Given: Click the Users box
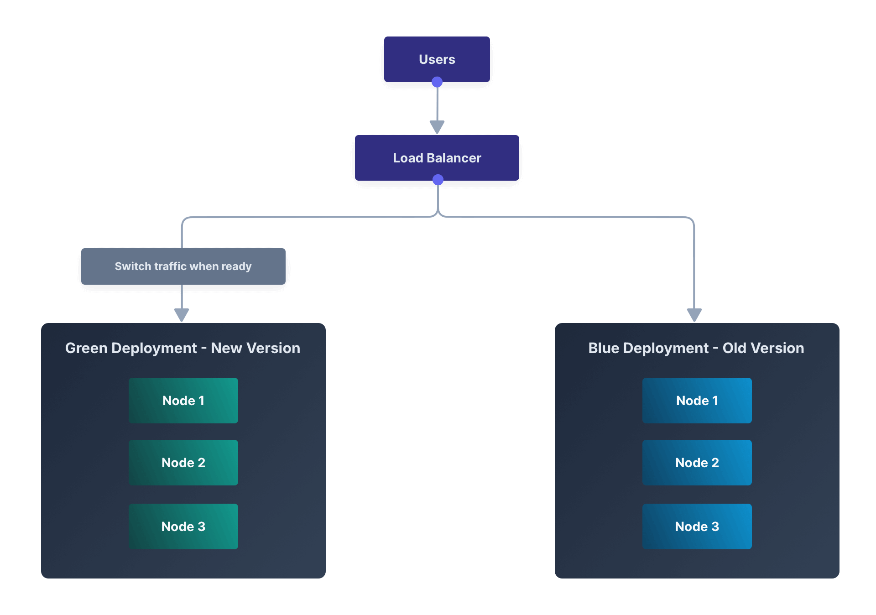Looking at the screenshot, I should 437,59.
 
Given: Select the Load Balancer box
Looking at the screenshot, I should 437,158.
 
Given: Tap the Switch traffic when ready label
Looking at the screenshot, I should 183,266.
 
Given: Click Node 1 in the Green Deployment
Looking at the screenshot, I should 183,401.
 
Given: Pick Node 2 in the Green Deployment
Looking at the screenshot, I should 183,463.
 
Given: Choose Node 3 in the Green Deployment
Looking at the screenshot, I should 183,526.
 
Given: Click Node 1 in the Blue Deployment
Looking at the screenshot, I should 697,401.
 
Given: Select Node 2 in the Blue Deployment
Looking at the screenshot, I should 697,463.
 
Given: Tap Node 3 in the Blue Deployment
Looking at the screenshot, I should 697,526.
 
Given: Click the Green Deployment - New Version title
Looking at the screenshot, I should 182,348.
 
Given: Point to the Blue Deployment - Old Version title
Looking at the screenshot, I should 696,348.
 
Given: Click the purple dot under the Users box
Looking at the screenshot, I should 437,82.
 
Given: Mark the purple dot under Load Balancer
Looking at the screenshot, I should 438,180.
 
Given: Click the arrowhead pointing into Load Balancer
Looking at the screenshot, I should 437,127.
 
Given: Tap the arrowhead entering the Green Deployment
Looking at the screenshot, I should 182,315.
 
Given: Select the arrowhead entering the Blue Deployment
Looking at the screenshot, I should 694,315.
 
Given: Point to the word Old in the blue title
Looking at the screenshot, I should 734,348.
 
